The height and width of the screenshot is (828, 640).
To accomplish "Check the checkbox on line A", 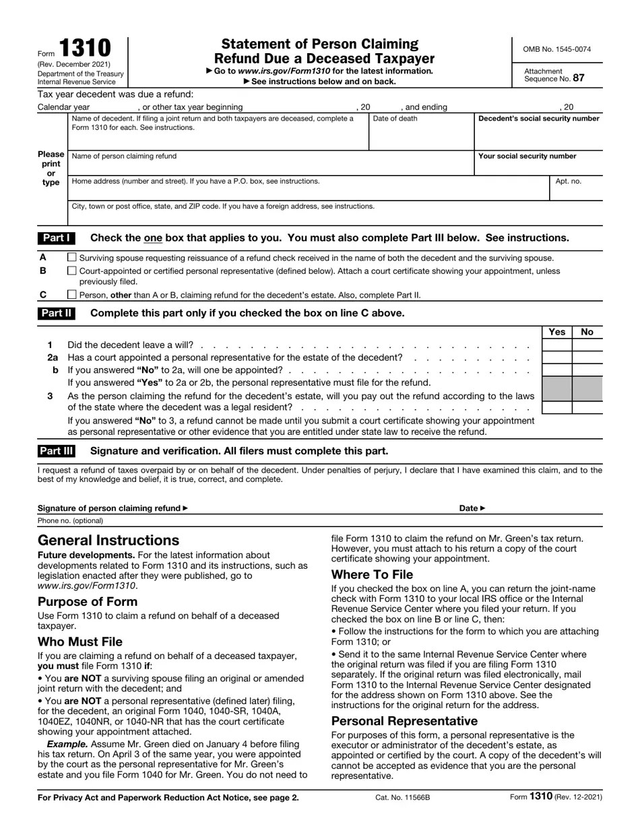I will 72,257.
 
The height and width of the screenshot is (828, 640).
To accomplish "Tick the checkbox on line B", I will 72,271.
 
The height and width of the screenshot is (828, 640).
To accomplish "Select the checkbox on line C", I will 72,294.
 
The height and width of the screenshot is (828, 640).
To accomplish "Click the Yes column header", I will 557,332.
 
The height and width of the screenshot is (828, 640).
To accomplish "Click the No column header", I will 587,332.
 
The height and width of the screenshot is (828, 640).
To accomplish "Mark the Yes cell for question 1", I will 557,345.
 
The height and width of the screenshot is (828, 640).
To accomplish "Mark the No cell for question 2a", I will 587,357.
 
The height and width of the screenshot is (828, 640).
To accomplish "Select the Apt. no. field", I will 576,192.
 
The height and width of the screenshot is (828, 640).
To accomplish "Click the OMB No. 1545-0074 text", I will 557,49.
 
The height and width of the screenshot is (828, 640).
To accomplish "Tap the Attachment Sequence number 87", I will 579,78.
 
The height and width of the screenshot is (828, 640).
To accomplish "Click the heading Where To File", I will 372,575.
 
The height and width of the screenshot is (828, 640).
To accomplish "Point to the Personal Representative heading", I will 404,721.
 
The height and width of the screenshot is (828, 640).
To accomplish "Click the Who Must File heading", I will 80,642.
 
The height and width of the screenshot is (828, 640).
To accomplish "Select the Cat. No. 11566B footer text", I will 402,798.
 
